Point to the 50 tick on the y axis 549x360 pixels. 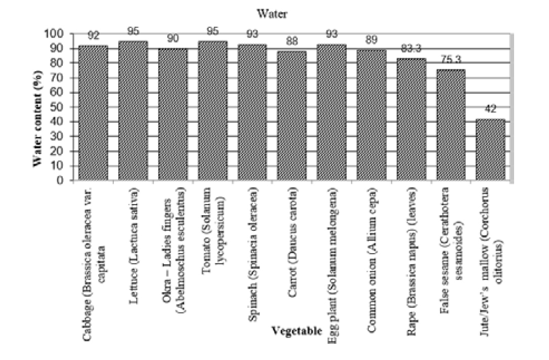65,107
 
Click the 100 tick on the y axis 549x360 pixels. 62,34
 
